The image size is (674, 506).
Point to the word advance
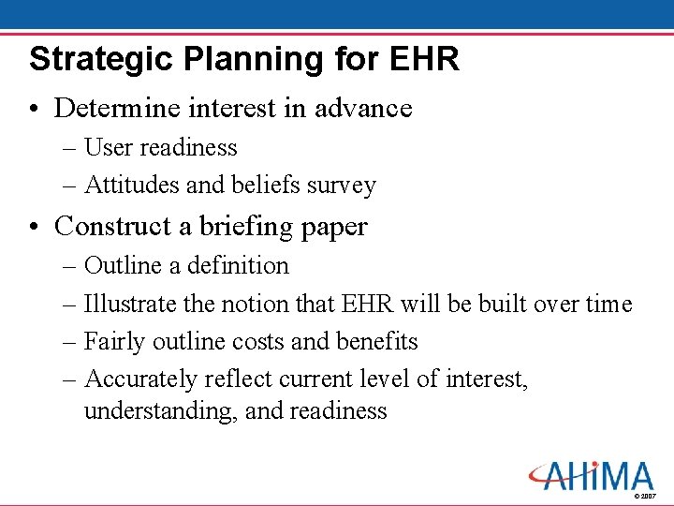point(363,108)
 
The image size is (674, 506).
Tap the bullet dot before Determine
point(35,109)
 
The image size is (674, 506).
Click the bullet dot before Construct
point(35,227)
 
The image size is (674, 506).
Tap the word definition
point(239,265)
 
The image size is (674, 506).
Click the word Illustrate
point(128,304)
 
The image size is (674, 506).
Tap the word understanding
point(160,411)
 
